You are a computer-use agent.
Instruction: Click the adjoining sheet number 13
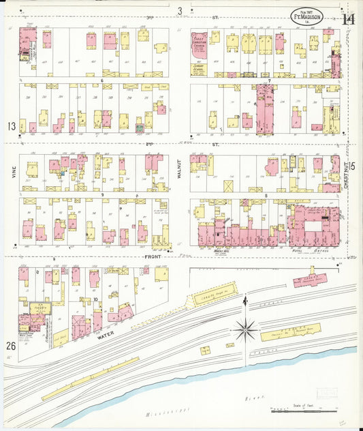(x=12, y=126)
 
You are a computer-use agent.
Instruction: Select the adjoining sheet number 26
(x=12, y=344)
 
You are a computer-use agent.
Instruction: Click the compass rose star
(x=245, y=329)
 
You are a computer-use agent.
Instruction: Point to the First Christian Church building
(x=199, y=50)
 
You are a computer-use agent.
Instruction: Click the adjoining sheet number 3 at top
(x=180, y=10)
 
